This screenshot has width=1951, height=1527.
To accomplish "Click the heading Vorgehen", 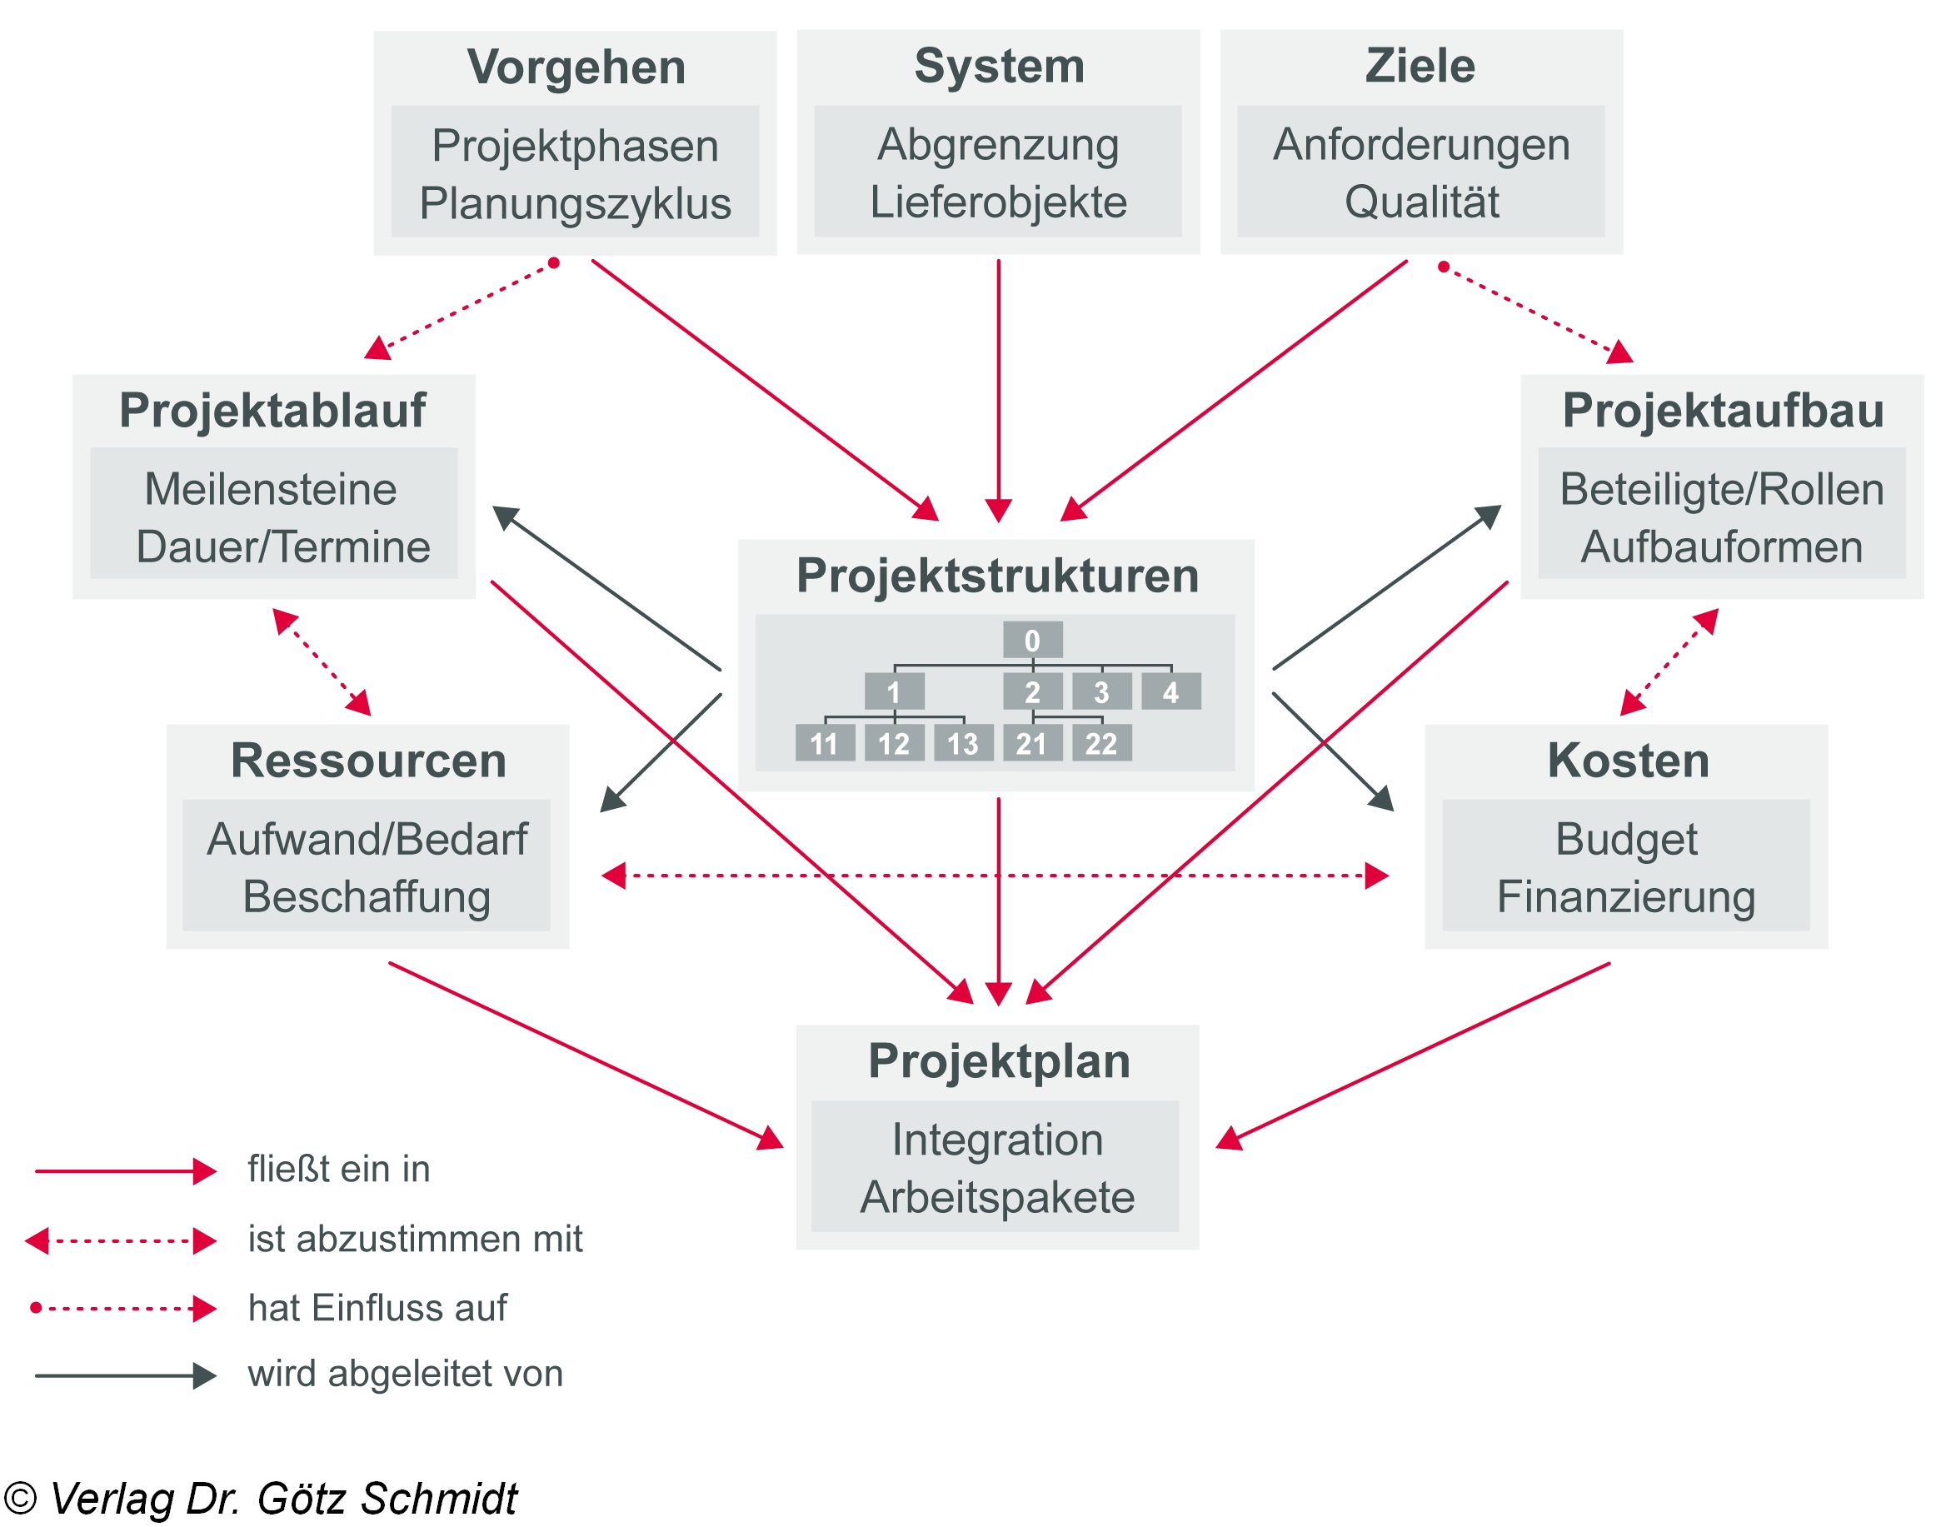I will click(x=576, y=67).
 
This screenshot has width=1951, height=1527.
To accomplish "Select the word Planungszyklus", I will click(x=575, y=203).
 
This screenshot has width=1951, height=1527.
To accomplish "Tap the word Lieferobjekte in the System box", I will click(x=998, y=202).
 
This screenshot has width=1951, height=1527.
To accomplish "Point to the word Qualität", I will click(x=1421, y=202).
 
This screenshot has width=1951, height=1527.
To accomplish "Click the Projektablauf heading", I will click(x=272, y=411).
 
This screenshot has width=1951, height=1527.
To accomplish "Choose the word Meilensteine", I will click(x=271, y=489).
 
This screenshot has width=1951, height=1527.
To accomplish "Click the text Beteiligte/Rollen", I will click(x=1721, y=489).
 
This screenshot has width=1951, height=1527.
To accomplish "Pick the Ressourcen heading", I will click(x=368, y=761).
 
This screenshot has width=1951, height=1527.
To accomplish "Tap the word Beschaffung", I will click(x=367, y=896).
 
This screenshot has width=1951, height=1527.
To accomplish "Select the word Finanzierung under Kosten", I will click(x=1625, y=896).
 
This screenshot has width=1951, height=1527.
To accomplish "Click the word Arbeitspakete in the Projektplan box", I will click(x=997, y=1197).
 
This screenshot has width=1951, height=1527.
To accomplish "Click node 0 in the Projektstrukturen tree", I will click(x=1032, y=640).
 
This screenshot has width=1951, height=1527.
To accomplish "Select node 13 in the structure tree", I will click(x=963, y=743).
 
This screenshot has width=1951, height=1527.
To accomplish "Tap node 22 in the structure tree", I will click(x=1100, y=743).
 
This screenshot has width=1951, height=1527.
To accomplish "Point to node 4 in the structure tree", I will click(x=1170, y=692).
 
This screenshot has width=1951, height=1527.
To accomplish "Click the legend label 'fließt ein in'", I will click(x=339, y=1170).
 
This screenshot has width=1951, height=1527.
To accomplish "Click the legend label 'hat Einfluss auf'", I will click(x=377, y=1308).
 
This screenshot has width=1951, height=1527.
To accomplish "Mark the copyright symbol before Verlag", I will click(x=21, y=1499).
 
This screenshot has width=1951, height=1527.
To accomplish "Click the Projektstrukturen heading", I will click(x=997, y=576).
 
